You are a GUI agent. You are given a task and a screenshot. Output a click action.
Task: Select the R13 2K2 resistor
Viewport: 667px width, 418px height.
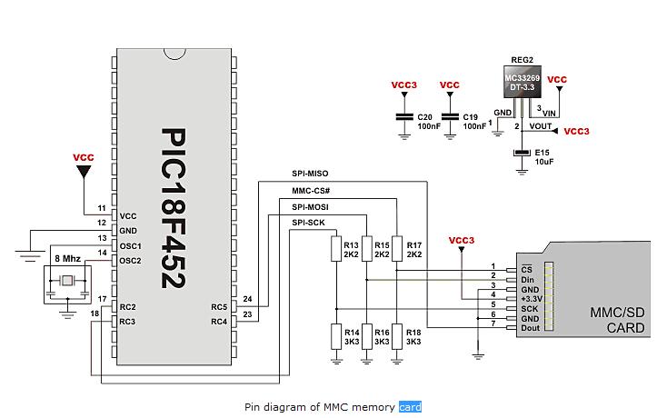[x=335, y=249]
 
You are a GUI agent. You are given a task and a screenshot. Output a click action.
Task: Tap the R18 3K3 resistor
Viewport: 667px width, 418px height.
[x=396, y=335]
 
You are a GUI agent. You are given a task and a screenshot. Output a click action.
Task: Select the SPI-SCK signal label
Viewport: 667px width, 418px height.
[x=309, y=223]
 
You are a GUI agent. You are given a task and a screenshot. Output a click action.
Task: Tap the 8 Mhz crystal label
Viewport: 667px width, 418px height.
[x=67, y=258]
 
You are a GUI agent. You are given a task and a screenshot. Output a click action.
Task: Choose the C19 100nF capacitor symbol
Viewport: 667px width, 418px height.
[x=449, y=117]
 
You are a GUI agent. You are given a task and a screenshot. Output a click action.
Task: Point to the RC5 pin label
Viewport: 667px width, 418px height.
[x=219, y=306]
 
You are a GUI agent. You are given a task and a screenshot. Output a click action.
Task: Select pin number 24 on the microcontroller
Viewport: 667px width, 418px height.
[x=247, y=299]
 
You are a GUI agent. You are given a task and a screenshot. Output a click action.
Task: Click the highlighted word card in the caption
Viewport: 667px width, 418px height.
[x=410, y=406]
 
